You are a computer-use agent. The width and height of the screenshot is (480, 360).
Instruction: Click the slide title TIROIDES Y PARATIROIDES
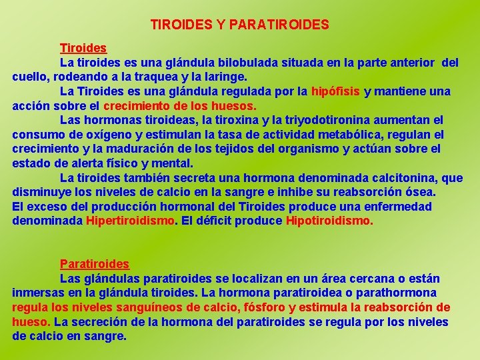(240, 25)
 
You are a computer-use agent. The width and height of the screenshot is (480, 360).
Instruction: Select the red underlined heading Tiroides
(83, 48)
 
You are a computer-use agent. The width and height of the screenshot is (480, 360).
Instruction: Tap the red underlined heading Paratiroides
(95, 264)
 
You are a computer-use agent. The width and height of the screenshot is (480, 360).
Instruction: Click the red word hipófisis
(335, 91)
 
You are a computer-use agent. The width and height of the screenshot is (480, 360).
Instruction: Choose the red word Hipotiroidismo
(329, 221)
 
